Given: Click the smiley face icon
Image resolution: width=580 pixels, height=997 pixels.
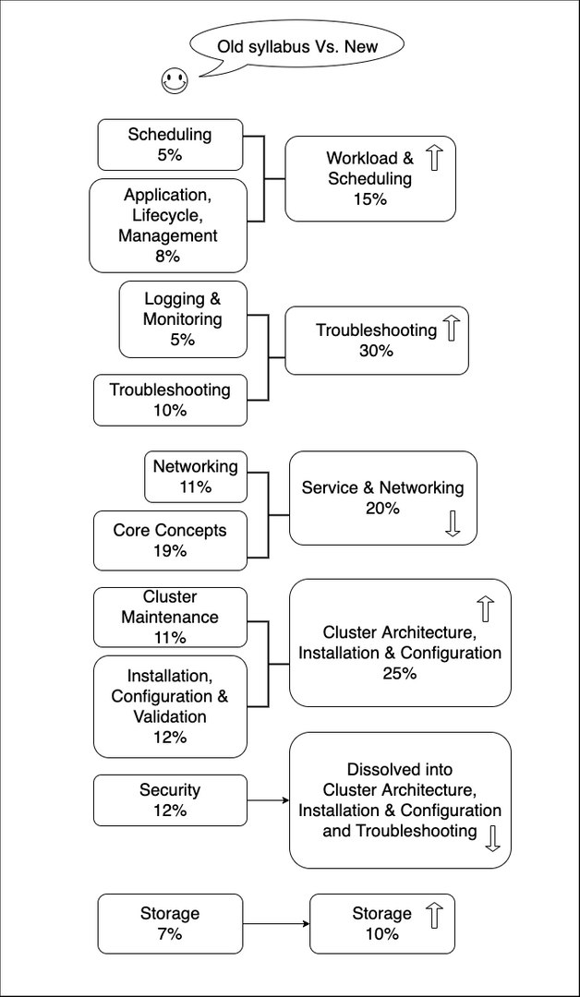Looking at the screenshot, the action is click(175, 81).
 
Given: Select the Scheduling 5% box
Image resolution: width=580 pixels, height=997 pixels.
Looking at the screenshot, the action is click(171, 144).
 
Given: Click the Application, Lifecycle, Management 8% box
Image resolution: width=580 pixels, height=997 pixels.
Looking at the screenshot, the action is click(168, 225).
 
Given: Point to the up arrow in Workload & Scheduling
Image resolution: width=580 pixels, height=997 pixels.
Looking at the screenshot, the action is click(434, 157).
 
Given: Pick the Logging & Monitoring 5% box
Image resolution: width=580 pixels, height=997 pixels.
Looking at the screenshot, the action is click(183, 319).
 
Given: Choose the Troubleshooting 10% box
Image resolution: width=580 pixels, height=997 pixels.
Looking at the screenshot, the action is click(171, 400).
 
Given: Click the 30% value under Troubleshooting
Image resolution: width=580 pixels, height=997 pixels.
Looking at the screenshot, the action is click(377, 351).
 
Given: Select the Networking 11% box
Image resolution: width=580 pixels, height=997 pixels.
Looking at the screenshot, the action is click(196, 477).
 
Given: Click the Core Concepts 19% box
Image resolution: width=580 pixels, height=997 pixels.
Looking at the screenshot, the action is click(171, 540).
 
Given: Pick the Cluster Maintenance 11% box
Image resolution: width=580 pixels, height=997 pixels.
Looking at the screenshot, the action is click(171, 618).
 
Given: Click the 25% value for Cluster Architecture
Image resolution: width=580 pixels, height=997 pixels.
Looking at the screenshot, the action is click(400, 673).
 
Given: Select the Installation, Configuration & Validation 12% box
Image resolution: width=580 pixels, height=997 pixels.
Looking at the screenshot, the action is click(171, 707).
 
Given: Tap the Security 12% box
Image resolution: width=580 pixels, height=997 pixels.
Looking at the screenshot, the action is click(171, 800).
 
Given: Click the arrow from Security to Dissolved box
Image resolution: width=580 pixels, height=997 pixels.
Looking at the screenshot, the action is click(269, 800).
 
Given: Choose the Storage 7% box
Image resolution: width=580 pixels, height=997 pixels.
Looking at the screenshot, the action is click(171, 924).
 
